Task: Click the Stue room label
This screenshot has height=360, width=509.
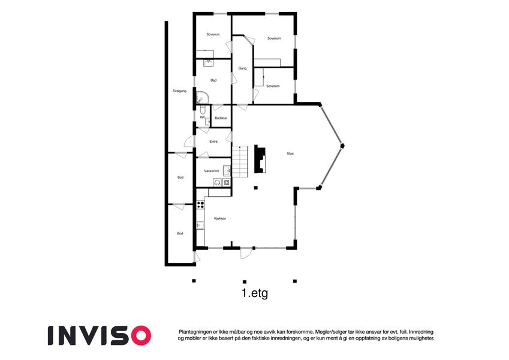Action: [x=290, y=154]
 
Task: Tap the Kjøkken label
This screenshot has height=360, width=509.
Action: [x=220, y=218]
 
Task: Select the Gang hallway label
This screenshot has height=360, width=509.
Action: [x=242, y=68]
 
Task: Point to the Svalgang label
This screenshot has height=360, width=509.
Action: [x=179, y=91]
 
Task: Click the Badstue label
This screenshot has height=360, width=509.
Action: [x=221, y=118]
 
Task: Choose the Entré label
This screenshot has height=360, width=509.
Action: [x=213, y=142]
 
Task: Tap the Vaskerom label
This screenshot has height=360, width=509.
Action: [x=211, y=171]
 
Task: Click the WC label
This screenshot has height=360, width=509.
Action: [x=203, y=117]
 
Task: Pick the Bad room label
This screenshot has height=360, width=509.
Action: [x=213, y=80]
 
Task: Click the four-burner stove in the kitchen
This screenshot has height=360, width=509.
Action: [x=201, y=205]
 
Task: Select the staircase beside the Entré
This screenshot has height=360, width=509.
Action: [x=240, y=161]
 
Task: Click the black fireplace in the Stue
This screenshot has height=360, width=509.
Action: [x=260, y=158]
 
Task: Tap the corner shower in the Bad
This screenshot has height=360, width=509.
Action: [x=202, y=97]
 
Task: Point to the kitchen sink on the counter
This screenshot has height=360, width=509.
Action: [x=200, y=225]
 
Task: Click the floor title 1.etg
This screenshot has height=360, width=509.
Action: [x=255, y=293]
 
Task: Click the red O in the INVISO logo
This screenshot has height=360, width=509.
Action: [x=140, y=335]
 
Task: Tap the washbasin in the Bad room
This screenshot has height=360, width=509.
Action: [x=209, y=63]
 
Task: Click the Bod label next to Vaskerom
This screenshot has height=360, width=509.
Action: [x=180, y=178]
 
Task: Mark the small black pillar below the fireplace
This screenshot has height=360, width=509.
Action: [x=256, y=187]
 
